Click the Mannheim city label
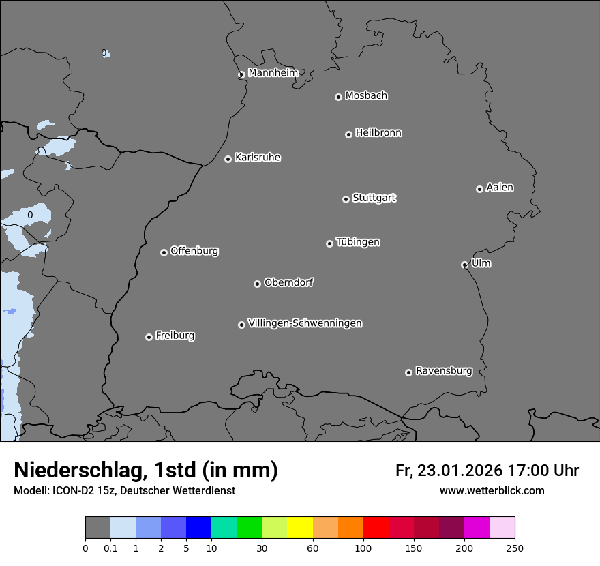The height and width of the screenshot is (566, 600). tap(273, 73)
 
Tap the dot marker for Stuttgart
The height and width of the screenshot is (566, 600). tap(346, 199)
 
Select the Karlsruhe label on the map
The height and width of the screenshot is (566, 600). tap(258, 158)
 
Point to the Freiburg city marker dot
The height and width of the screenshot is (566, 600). tap(149, 337)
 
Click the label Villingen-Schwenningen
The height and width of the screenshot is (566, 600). tap(305, 323)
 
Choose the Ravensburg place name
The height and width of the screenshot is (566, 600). tap(444, 371)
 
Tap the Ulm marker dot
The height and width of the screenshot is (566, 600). tap(464, 265)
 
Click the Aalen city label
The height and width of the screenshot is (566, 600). tap(500, 188)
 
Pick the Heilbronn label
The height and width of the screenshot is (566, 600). tap(378, 133)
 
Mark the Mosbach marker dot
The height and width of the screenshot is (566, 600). tap(338, 97)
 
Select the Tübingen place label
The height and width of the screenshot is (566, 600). tap(358, 242)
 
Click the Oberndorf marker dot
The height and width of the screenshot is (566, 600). tap(257, 284)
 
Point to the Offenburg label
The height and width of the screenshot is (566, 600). tap(194, 251)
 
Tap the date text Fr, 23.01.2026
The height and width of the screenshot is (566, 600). tap(449, 471)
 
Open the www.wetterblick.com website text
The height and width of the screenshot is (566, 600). tap(492, 491)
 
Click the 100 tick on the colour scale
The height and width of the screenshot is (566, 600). tap(363, 548)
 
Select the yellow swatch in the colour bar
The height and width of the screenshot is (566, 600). tap(300, 528)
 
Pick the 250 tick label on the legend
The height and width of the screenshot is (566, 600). tap(515, 548)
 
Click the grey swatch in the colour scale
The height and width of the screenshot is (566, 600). tap(97, 528)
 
